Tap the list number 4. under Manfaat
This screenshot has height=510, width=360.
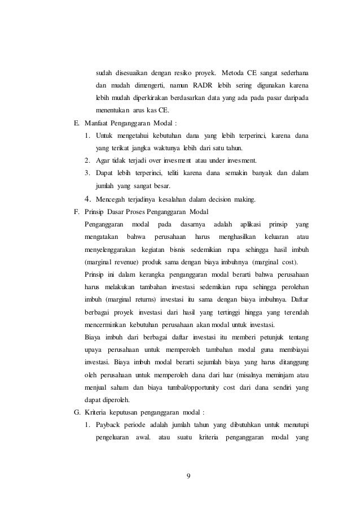87,199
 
